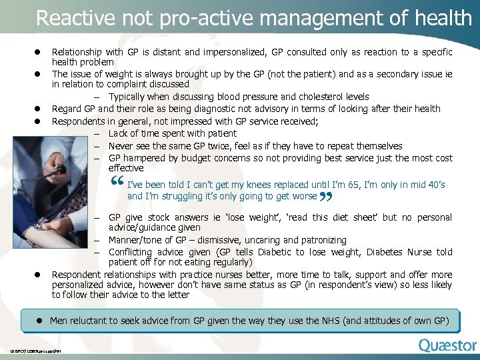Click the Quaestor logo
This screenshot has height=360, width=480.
(447, 345)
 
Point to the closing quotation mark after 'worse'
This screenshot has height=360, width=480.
(326, 197)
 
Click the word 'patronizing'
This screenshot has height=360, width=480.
(322, 240)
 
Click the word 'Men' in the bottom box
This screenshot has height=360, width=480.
(59, 321)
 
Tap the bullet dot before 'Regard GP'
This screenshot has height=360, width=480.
(39, 109)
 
